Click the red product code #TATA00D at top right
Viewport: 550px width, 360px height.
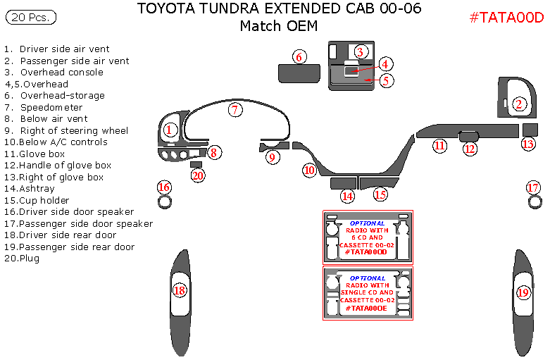point(506,18)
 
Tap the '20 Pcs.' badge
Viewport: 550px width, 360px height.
point(30,17)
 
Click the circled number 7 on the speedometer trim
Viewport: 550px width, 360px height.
point(235,109)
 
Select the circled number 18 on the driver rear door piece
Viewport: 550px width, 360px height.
point(180,290)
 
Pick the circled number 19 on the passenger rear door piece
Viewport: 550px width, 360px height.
point(523,292)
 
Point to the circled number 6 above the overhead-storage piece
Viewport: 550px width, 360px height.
point(299,56)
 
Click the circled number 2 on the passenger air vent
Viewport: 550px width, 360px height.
point(519,104)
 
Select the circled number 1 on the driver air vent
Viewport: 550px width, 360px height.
point(169,130)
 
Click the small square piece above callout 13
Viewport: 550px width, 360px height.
point(530,129)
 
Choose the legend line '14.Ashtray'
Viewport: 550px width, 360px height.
point(30,189)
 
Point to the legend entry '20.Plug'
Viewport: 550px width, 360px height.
point(22,259)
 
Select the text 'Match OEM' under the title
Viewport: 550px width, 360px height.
point(278,27)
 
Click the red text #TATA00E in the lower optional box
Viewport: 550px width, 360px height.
point(366,308)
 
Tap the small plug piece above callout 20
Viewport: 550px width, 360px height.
point(196,164)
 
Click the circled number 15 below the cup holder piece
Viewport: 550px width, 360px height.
point(380,194)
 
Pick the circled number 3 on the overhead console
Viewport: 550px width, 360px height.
point(360,51)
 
